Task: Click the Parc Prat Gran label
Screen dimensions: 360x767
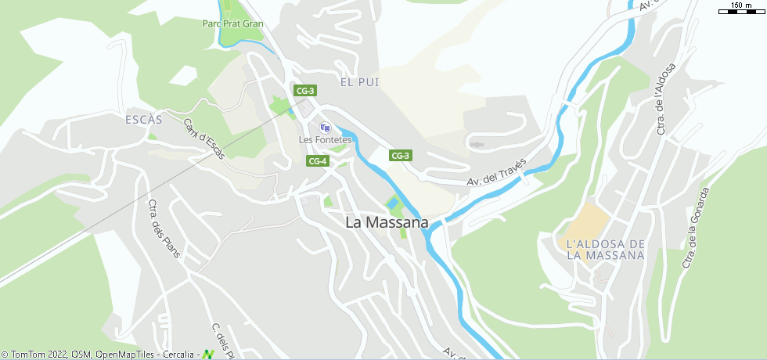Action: click(x=232, y=23)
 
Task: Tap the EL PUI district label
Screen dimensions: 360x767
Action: click(x=358, y=82)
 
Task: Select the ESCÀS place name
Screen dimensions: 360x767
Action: click(x=143, y=120)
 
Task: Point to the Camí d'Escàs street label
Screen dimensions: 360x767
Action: click(x=203, y=139)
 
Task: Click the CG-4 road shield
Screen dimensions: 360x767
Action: click(x=317, y=161)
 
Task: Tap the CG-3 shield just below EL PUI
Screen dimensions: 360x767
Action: click(x=305, y=91)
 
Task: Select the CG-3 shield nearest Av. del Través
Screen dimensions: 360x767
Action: click(x=401, y=156)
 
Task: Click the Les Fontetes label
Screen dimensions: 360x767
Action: click(x=325, y=140)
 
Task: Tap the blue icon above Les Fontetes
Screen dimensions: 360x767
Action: click(x=326, y=128)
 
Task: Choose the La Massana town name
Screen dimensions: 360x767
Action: click(x=387, y=223)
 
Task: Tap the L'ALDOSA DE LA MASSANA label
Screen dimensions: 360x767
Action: click(x=605, y=250)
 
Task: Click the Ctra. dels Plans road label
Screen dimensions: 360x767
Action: click(x=164, y=229)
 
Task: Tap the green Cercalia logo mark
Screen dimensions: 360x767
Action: click(x=208, y=355)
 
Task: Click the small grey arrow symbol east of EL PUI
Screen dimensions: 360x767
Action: click(x=477, y=144)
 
